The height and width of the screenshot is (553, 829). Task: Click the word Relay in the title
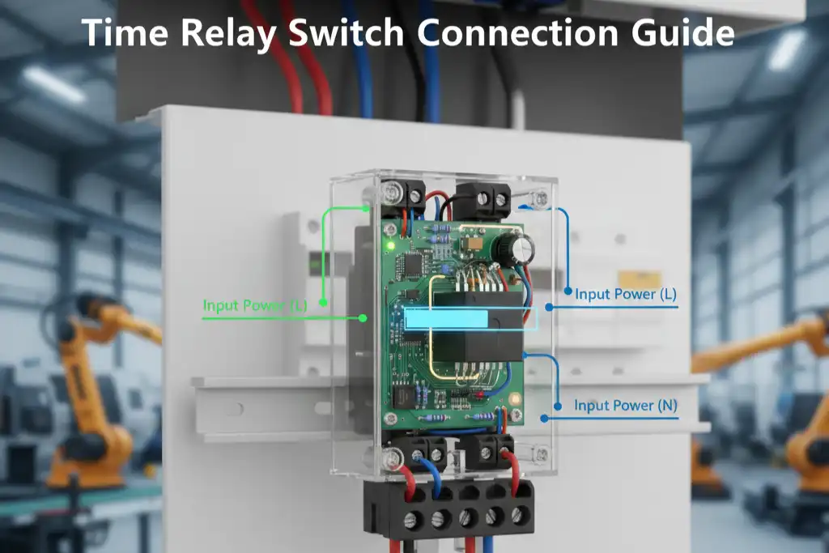(229, 33)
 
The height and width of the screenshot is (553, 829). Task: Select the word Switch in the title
(346, 32)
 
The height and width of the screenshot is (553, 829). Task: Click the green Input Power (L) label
(255, 305)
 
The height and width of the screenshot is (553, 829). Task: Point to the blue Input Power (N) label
(626, 406)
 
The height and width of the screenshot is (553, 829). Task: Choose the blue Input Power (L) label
(626, 294)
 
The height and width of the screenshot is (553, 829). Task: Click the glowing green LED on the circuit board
(391, 245)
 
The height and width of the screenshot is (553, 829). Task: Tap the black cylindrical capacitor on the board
(512, 249)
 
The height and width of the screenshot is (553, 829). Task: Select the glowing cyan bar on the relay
(446, 319)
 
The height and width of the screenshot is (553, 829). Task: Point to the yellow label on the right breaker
(640, 279)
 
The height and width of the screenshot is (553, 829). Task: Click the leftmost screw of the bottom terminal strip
(411, 521)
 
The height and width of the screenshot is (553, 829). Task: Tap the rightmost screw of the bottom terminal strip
(520, 514)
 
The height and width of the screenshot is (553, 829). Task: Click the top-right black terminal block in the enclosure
(483, 200)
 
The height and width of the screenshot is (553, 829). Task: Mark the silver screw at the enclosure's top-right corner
(540, 199)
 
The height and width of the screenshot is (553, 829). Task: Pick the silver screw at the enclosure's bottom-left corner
(393, 457)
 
